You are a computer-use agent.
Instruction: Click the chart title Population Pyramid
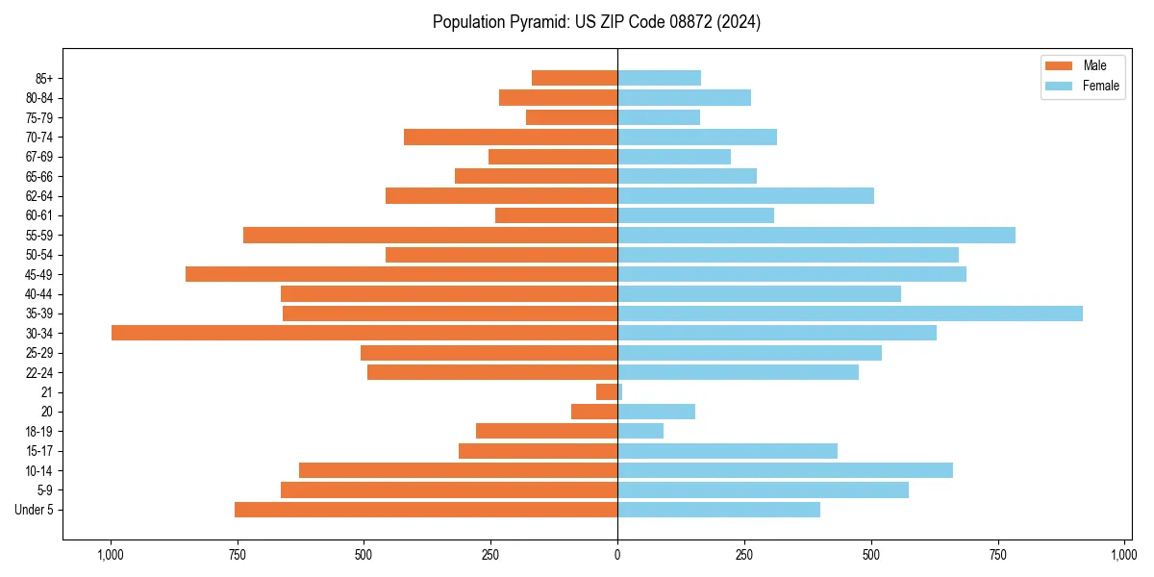click(x=596, y=22)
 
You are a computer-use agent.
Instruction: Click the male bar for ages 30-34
click(x=364, y=333)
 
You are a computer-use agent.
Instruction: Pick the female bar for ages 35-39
click(x=850, y=314)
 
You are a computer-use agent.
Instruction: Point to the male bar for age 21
click(x=607, y=392)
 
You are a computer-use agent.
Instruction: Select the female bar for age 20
click(x=656, y=412)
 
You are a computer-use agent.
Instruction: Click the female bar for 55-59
click(x=816, y=235)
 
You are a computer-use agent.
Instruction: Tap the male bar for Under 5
click(x=426, y=510)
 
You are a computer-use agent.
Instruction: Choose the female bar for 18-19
click(x=640, y=431)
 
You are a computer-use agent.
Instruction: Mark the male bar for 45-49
click(x=401, y=274)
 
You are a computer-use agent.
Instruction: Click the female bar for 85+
click(x=659, y=78)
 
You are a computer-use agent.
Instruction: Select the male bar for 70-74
click(x=511, y=137)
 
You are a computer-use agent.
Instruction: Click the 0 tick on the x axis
click(x=617, y=555)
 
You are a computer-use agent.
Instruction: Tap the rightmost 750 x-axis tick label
click(x=997, y=555)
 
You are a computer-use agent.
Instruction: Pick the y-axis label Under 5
click(x=34, y=510)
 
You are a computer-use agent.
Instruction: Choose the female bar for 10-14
click(x=785, y=470)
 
